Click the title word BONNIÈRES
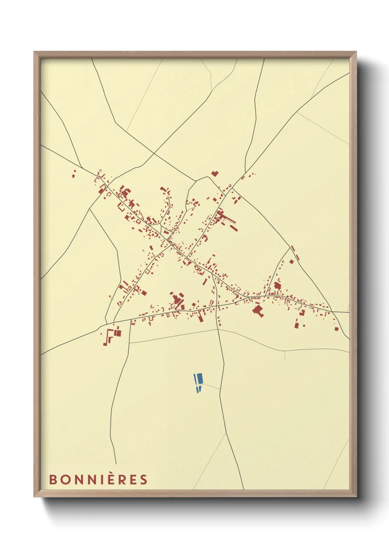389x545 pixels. (x=98, y=480)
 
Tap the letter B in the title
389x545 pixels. (x=53, y=480)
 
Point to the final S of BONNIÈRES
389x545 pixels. (x=143, y=480)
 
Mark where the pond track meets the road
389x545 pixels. (x=220, y=389)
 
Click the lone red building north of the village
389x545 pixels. (x=215, y=173)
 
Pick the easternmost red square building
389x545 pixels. (x=336, y=328)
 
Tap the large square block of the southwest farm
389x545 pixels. (x=118, y=333)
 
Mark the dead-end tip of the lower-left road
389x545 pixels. (x=116, y=464)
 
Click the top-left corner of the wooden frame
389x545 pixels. (x=34, y=52)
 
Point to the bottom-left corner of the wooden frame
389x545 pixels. (x=34, y=497)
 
